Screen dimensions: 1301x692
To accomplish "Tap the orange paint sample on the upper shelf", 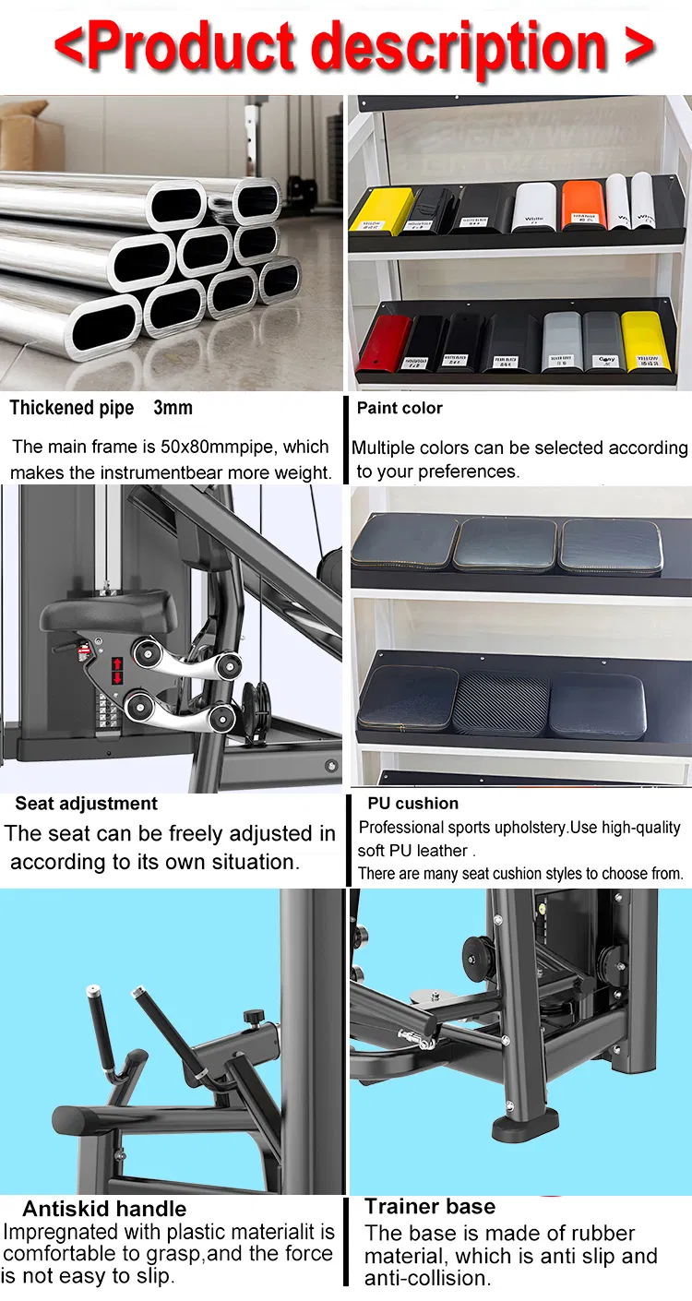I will [582, 204].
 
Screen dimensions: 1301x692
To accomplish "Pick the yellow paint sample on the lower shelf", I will [642, 340].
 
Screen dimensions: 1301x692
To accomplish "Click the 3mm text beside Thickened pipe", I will [173, 408].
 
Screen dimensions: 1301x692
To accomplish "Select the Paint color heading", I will [400, 408].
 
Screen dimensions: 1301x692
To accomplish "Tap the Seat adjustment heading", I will [86, 804].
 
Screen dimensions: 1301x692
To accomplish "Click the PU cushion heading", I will [412, 804].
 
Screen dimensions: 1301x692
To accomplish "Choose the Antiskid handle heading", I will [104, 1209].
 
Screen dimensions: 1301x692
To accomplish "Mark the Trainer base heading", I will [430, 1206].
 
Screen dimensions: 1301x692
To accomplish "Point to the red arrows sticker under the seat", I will [117, 671].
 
